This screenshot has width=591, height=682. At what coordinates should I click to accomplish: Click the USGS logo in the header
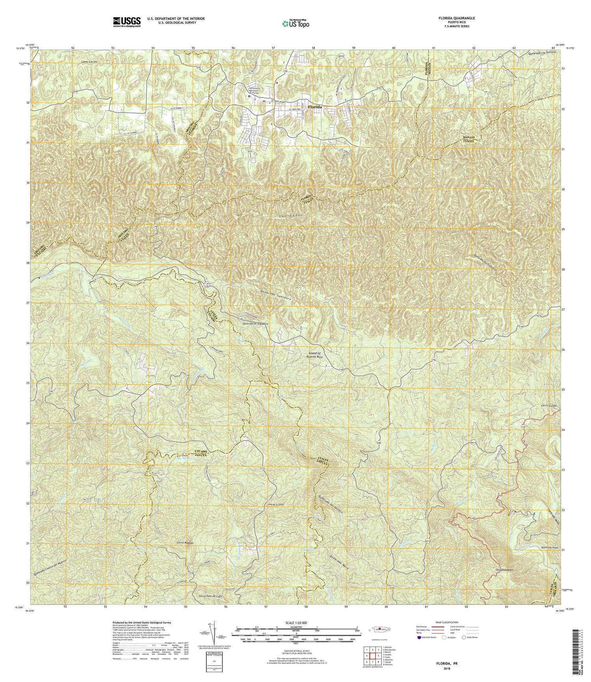click(x=126, y=21)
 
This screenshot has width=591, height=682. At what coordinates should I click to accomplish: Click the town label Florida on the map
click(x=315, y=107)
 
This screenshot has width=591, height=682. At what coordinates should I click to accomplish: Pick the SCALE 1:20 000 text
click(x=296, y=623)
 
